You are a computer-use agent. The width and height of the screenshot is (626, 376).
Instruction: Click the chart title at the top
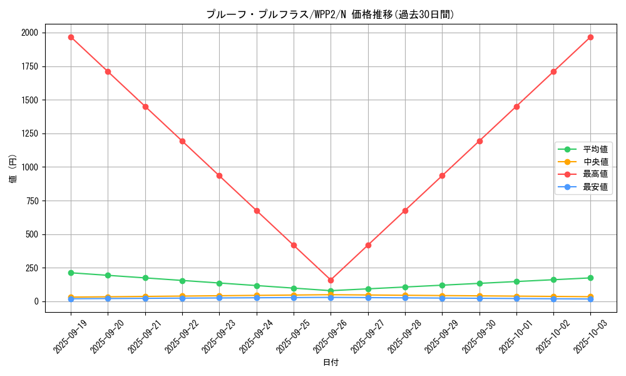tap(330, 14)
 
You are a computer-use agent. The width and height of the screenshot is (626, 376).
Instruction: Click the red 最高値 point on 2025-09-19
tap(71, 37)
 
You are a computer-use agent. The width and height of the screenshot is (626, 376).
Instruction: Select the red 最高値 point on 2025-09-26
tap(331, 280)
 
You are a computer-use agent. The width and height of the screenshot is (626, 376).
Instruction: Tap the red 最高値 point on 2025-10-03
tap(590, 37)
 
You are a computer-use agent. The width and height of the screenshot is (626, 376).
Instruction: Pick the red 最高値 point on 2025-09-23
tap(219, 175)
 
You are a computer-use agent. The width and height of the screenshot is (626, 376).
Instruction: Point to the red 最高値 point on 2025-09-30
tap(480, 141)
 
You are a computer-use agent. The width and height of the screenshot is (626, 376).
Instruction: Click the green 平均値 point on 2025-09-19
tap(71, 273)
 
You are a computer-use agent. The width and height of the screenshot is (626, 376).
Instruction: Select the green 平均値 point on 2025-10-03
tap(590, 278)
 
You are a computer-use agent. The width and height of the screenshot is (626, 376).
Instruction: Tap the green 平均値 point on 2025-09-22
tap(182, 281)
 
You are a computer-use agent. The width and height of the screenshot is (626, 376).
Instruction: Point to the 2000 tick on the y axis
tap(29, 33)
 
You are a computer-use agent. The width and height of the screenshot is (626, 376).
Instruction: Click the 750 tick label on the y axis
tap(31, 201)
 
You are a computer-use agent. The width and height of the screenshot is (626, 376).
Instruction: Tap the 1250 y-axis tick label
tap(29, 133)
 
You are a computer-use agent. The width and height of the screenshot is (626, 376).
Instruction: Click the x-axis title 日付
tap(330, 363)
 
